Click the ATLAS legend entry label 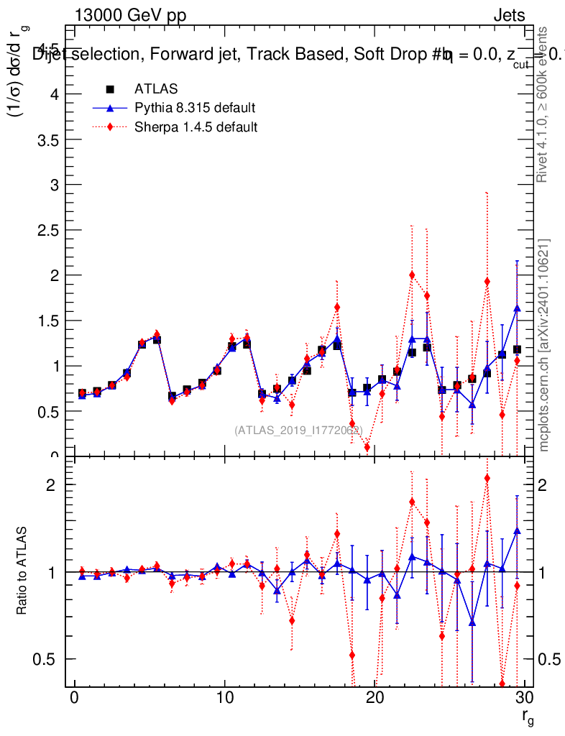[156, 89]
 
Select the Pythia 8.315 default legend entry [195, 109]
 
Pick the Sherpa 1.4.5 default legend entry [196, 127]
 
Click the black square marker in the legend [110, 89]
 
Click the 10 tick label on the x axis [224, 699]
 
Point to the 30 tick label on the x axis [524, 699]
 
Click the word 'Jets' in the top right [509, 15]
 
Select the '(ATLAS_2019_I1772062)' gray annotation [298, 430]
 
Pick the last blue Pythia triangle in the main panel [517, 308]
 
